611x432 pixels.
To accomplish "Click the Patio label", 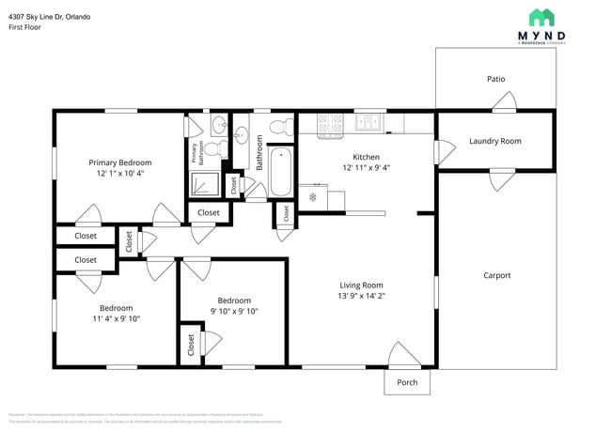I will point(495,79).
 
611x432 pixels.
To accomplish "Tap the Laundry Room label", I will point(494,141).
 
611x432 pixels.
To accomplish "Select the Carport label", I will point(496,275).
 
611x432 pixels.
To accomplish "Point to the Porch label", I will point(407,382).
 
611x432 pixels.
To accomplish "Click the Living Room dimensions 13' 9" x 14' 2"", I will point(361,296).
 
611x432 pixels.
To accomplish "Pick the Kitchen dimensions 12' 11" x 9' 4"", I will point(366,168).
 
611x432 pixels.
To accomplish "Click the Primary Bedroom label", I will point(120,162).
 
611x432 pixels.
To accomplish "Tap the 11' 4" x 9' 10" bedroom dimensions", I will point(116,318).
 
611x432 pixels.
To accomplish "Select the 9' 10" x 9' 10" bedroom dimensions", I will point(233,311).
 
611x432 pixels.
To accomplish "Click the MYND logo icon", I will point(540,18).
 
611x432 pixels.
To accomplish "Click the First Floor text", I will point(25,27).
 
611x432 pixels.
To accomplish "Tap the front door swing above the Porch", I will point(405,355).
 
